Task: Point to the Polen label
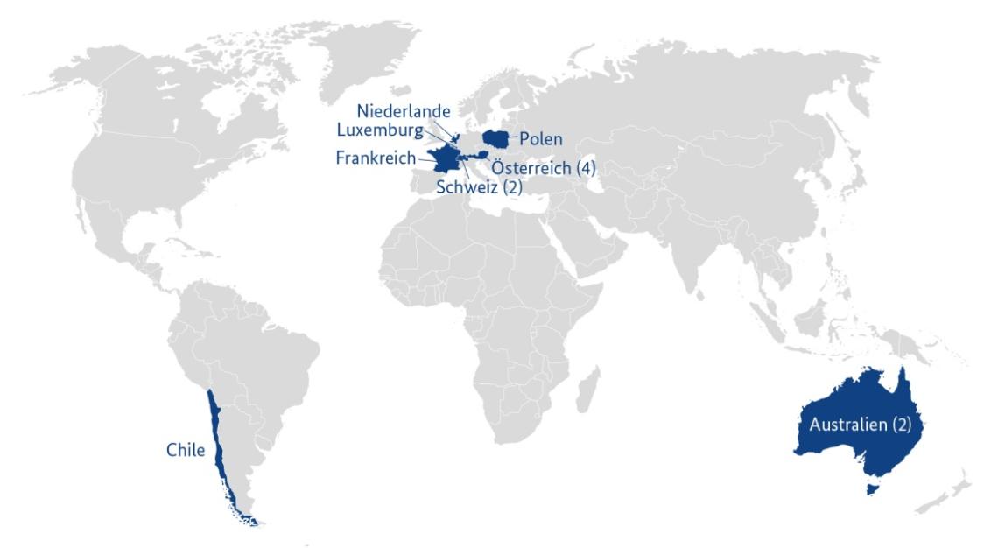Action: coord(541,139)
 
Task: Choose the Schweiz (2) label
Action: coord(478,186)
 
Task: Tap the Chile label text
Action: coord(185,451)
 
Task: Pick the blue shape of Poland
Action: coord(498,137)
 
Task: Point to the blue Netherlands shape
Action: coord(454,139)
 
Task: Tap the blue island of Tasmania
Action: coord(869,487)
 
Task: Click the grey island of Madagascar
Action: coord(592,385)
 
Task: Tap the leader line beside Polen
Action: coord(516,138)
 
